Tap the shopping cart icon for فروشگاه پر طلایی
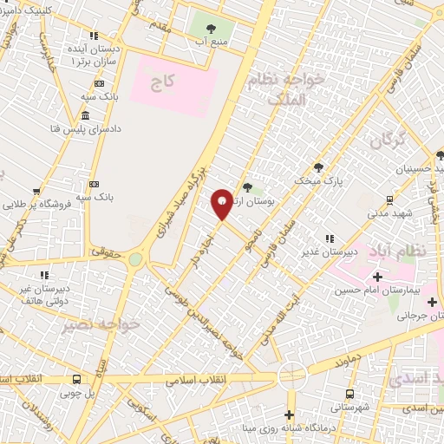coord(36,192)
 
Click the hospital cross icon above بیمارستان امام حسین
coord(376,277)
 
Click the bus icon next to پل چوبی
coord(76,379)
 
